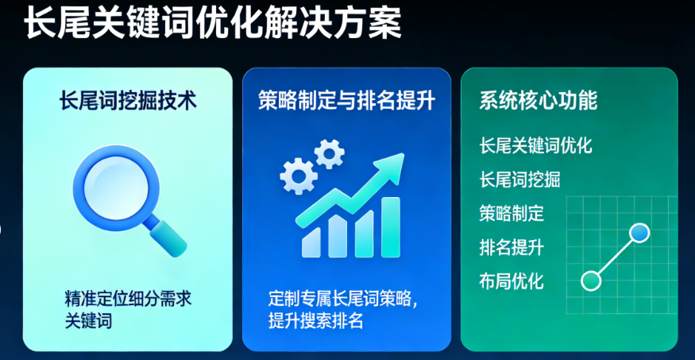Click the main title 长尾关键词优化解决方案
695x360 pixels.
coord(212,24)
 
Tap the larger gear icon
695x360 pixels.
coord(298,175)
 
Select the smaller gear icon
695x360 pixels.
coord(329,151)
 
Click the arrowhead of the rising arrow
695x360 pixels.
coord(389,165)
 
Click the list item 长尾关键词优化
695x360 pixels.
coord(535,146)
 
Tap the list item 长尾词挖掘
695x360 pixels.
coord(519,180)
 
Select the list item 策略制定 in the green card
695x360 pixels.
coord(512,213)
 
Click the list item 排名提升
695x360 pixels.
coord(512,247)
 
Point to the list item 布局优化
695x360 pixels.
coord(512,281)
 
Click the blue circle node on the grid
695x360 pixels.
coord(639,233)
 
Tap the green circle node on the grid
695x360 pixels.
coord(591,280)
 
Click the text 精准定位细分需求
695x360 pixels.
coord(128,300)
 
